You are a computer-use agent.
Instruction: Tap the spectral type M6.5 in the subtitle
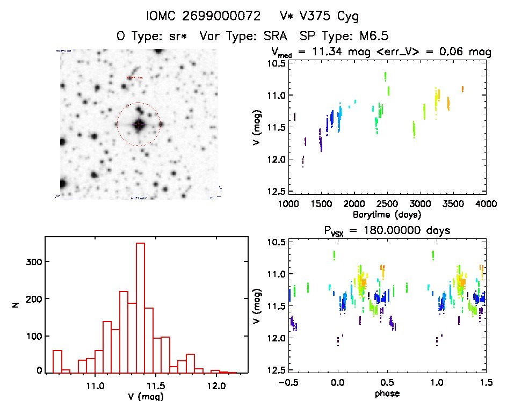point(371,37)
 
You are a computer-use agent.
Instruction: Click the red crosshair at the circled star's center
point(139,124)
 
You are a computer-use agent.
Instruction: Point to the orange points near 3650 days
point(462,89)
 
